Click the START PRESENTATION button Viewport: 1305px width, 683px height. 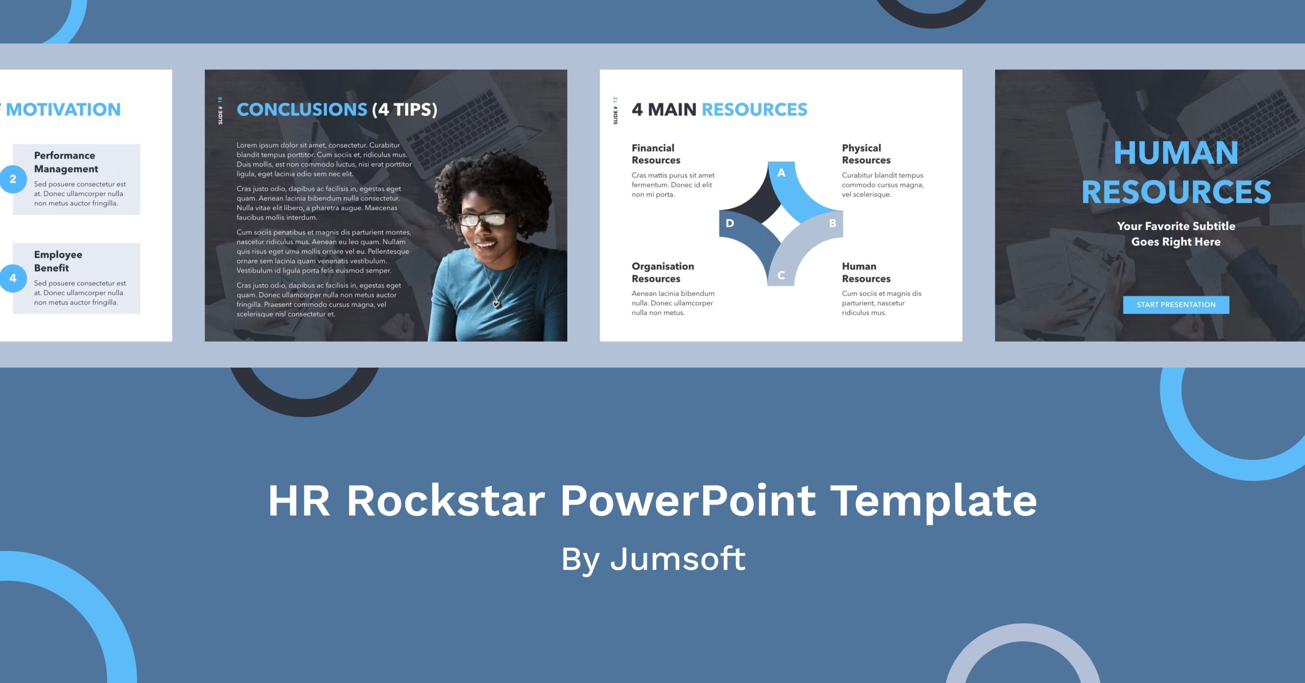(x=1176, y=305)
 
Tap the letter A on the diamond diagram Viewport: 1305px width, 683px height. (x=781, y=173)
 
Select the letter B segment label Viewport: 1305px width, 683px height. (x=832, y=223)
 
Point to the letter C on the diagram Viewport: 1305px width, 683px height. (x=781, y=275)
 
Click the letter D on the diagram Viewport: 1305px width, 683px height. (x=729, y=223)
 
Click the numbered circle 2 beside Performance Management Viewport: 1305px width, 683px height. (x=13, y=179)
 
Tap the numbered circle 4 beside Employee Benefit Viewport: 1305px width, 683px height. (x=13, y=278)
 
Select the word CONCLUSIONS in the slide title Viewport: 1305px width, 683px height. (x=301, y=110)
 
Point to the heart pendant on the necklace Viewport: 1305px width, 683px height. (x=496, y=304)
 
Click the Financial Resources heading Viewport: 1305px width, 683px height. (x=656, y=154)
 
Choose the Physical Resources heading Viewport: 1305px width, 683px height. (x=866, y=154)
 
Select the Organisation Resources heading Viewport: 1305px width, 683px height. (x=662, y=272)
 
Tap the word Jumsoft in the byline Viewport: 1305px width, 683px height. (x=678, y=559)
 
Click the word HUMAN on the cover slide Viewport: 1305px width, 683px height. (x=1175, y=153)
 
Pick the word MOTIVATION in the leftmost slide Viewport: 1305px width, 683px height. (x=64, y=110)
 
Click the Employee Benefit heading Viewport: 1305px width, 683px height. (x=58, y=261)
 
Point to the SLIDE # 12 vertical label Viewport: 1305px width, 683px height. (x=615, y=110)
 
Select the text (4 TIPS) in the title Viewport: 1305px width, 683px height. (x=404, y=110)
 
